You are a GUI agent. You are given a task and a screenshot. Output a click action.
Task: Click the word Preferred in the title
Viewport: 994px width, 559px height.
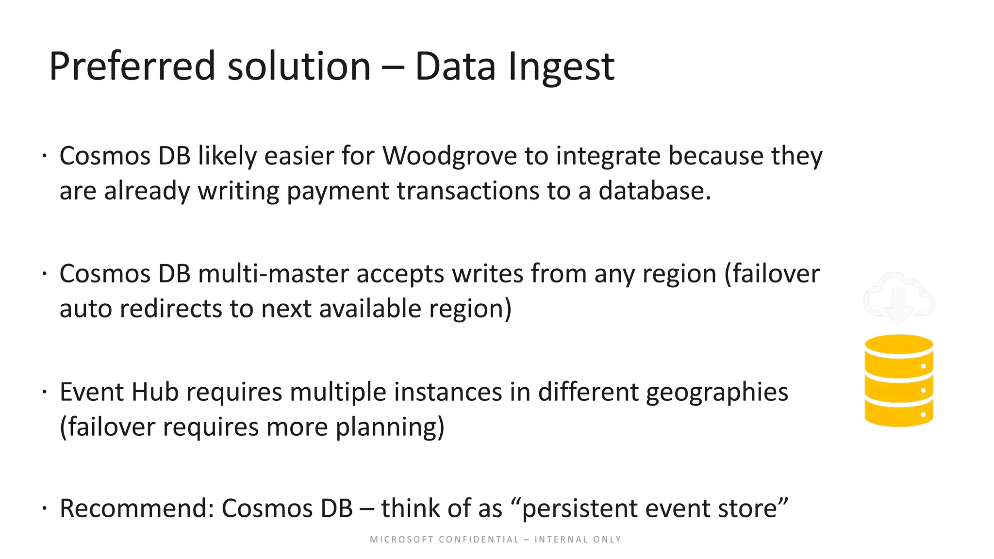coord(132,66)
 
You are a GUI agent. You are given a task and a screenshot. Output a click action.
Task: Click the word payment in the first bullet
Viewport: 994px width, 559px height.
coord(338,191)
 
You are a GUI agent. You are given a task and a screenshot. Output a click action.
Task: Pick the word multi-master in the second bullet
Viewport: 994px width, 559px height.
coord(273,274)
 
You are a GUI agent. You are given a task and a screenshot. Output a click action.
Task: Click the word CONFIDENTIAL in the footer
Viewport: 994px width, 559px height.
coord(479,540)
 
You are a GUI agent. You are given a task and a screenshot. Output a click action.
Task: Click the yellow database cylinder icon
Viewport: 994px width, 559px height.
coord(899,380)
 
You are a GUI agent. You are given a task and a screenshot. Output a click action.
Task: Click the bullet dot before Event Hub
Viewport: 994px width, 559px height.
coord(44,391)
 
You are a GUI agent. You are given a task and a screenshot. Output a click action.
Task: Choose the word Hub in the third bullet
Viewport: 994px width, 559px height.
coord(155,392)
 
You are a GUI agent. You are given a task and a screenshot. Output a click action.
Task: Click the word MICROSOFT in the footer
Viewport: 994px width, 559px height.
coord(402,540)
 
